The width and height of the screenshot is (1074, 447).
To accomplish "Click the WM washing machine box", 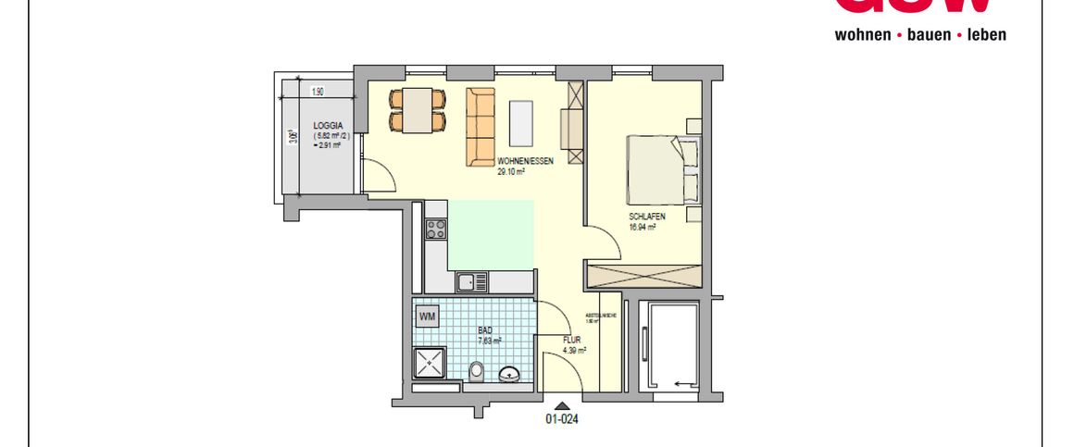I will pos(427,317).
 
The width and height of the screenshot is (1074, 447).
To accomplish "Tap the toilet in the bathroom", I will pos(476,372).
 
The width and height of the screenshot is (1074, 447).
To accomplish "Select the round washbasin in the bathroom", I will pos(508,375).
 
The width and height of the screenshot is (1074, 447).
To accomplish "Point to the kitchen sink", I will pos(472,281).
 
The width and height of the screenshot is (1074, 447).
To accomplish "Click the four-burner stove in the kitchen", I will pos(435,228).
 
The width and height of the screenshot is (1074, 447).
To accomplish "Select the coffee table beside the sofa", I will pos(522,122).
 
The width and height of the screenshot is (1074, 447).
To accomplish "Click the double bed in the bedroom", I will pos(661,168).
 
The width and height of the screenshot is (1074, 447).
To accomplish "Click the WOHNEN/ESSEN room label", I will pos(525,161).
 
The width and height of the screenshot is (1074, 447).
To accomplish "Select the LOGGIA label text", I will pos(328,125).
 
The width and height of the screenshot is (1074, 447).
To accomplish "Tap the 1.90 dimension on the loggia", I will pos(318,92).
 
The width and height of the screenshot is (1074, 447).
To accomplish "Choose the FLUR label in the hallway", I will pos(572,340).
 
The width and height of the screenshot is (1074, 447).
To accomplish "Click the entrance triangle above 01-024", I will pos(560,404).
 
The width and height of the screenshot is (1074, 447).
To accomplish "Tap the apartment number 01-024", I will pos(561,419).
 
